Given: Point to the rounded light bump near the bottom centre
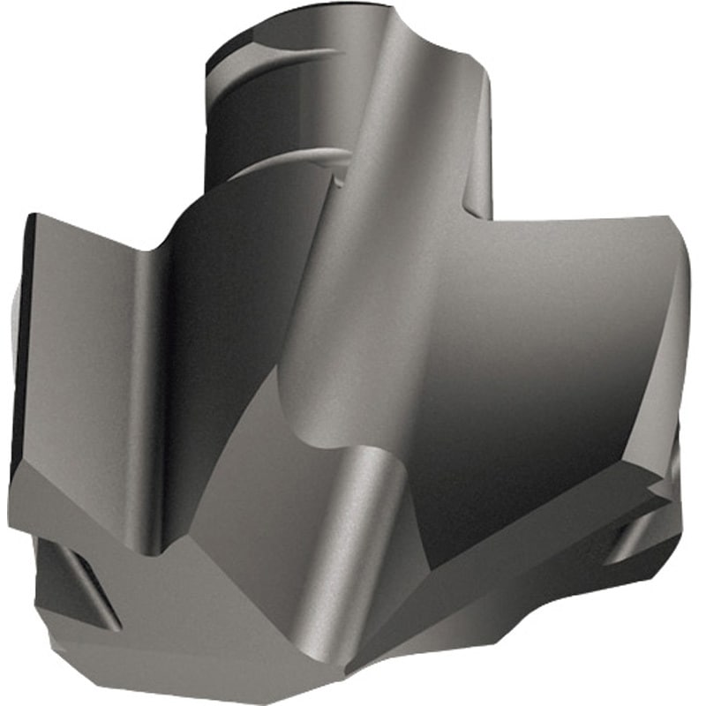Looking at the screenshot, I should click(371, 477).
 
